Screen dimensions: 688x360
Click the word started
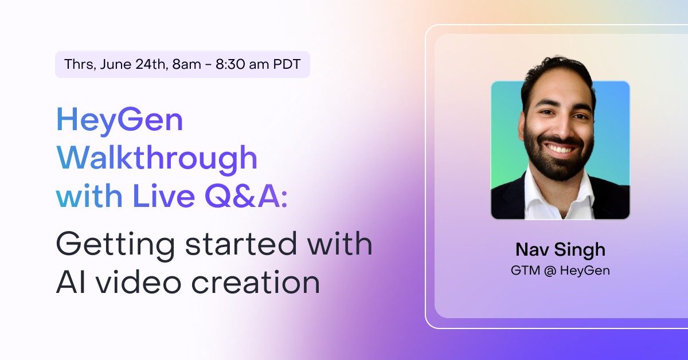pos(241,244)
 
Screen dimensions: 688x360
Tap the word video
pos(139,281)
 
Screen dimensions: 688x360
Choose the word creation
pos(256,281)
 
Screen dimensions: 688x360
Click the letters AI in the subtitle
pos(71,282)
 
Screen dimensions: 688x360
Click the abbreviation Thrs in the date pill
pos(80,65)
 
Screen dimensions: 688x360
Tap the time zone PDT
pos(287,64)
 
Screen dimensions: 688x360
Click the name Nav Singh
pos(561,250)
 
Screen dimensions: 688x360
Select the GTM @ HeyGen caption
pos(560,271)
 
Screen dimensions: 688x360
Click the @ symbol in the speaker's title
pos(550,271)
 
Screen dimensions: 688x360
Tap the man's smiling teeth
pos(561,149)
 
